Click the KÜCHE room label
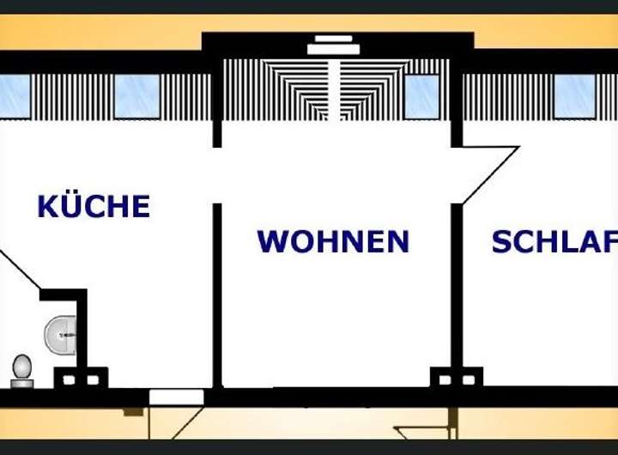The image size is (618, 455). coord(94,207)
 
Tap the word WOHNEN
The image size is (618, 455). coord(333,241)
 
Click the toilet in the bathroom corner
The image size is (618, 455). coord(21,368)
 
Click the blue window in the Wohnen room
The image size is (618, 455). coord(421,97)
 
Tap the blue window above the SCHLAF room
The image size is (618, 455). coord(573,96)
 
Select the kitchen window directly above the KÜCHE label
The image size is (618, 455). coord(137,96)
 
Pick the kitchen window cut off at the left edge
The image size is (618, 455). coord(14,96)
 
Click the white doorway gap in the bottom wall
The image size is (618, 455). coord(176,397)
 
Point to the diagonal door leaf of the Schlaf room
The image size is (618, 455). coord(491,175)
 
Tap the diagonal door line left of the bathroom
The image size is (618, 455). coord(19,268)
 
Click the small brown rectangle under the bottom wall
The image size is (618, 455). coord(132,412)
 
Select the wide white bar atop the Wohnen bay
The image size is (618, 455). coord(333,49)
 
